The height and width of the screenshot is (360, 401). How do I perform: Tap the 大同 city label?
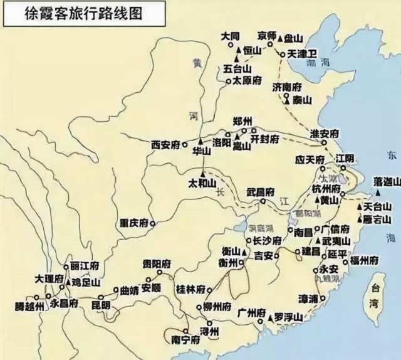(230, 36)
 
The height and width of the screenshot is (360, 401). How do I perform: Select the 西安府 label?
(165, 145)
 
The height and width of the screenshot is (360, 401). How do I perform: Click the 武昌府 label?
(260, 192)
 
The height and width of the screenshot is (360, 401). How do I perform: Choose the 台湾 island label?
(375, 296)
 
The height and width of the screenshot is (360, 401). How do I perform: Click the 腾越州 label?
(30, 307)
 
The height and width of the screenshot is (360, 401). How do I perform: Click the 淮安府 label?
(325, 134)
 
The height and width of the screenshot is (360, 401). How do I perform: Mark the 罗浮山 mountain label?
(289, 318)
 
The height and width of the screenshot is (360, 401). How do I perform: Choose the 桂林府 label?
(191, 289)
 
